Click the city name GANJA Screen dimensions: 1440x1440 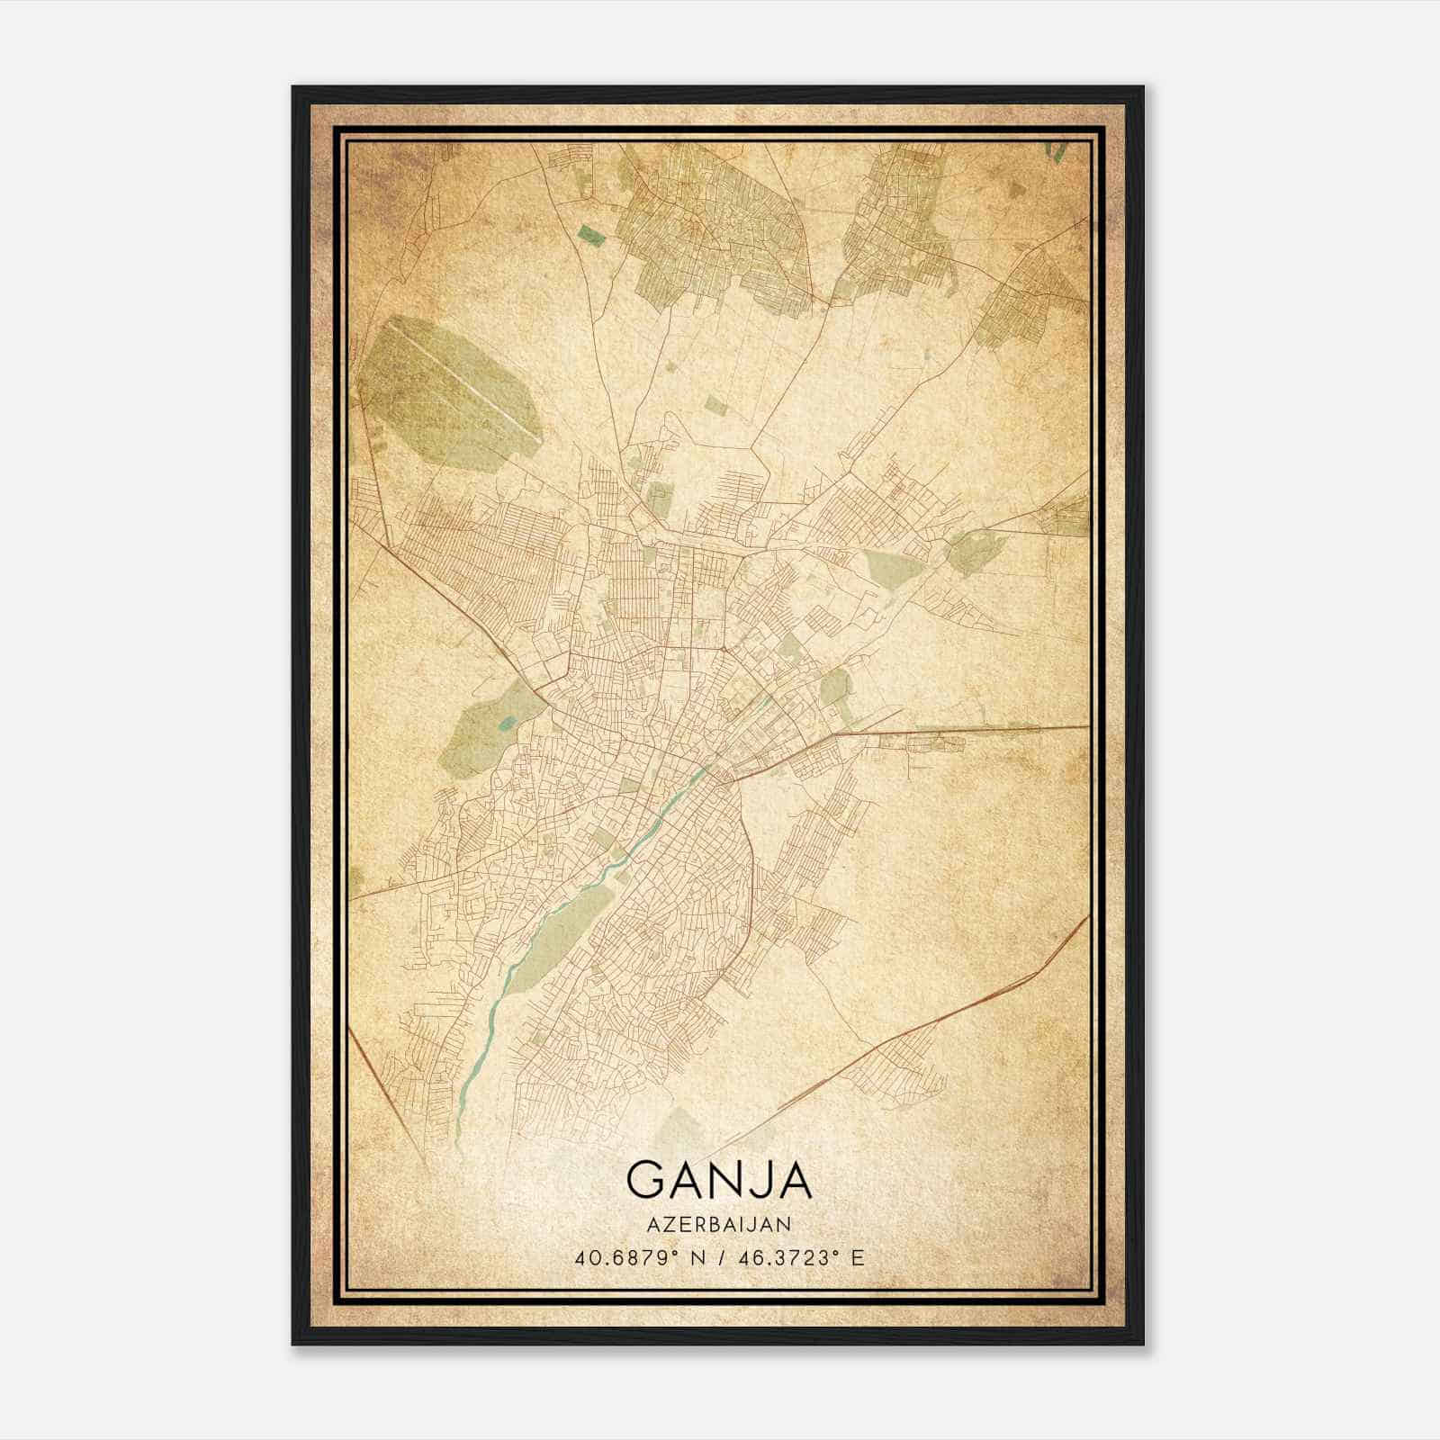(x=718, y=1180)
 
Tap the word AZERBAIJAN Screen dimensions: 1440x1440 (x=718, y=1224)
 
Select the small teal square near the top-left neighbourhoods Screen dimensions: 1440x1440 (x=591, y=235)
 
